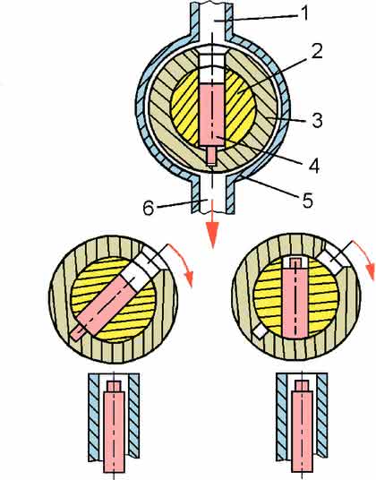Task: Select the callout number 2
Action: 317,51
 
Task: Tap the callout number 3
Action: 317,120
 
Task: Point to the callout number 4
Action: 313,166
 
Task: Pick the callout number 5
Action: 307,200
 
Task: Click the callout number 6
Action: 149,208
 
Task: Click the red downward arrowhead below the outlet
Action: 212,234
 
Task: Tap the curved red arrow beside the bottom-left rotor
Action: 182,263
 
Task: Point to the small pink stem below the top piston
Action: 211,156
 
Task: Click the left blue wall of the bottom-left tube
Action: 94,417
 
